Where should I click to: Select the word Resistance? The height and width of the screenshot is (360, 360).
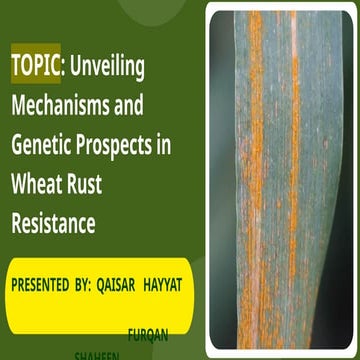[53, 223]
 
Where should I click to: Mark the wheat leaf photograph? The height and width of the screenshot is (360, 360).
[279, 180]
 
